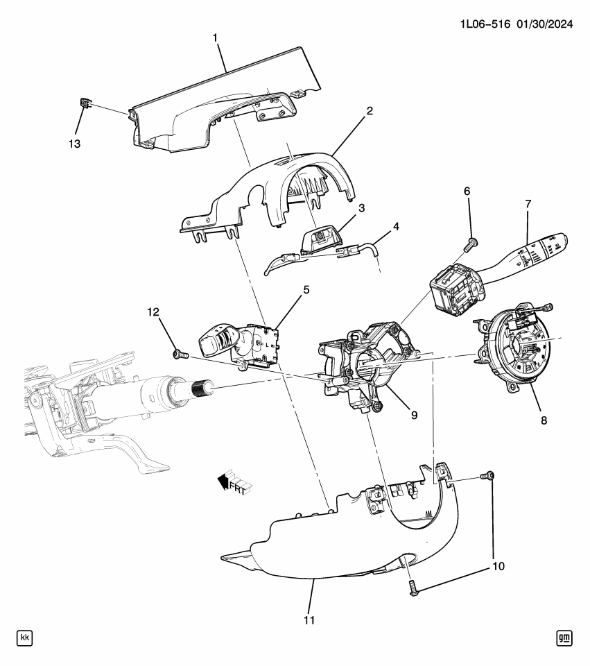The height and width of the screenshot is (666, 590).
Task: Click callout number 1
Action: coord(215,38)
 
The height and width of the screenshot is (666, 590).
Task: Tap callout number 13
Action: coord(74,144)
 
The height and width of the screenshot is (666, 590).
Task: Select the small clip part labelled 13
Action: coord(85,103)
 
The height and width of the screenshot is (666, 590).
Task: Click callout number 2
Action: coord(370,111)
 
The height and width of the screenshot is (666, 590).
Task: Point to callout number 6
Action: coord(467,191)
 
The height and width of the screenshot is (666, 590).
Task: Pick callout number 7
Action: coord(528,204)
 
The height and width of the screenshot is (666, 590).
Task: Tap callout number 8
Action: coord(544,420)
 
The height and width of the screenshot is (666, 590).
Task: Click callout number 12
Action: coord(153,312)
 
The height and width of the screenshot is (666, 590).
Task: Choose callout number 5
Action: coord(306,290)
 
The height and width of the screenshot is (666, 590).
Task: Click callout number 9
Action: coord(415,415)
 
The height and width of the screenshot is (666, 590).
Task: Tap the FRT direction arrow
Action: coord(235,483)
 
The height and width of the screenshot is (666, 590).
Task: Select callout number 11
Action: coord(309,620)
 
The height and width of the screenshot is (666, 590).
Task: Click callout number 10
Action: coord(498,566)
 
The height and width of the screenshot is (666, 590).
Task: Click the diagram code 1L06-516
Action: coord(485,24)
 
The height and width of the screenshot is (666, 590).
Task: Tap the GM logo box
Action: coord(564,638)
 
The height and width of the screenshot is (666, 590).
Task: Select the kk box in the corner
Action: coord(25,638)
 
